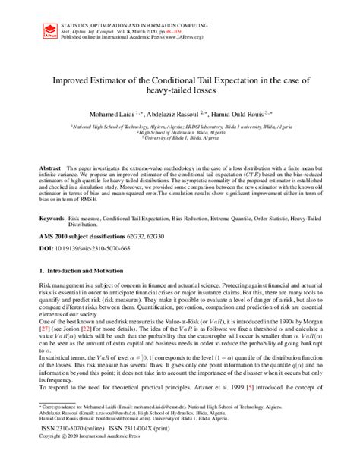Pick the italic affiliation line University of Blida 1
[x=179, y=137]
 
